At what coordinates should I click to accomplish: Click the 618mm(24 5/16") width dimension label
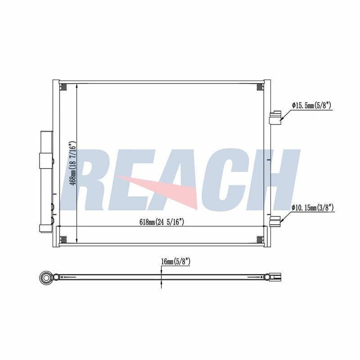162,222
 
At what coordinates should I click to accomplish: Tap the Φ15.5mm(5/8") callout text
311,105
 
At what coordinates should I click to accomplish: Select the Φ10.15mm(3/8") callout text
312,208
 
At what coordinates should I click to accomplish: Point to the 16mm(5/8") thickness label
176,261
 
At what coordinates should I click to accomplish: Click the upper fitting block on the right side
275,118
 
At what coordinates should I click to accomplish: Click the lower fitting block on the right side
275,221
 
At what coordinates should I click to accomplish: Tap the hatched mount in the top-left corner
63,86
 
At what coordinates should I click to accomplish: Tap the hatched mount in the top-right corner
260,86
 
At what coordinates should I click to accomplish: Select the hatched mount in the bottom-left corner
63,240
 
